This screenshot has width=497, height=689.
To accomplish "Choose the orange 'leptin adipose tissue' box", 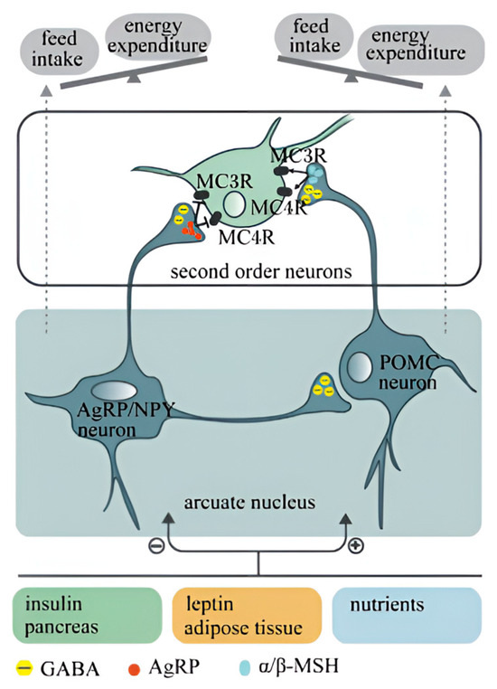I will (x=247, y=616).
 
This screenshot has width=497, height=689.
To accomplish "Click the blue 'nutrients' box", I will (x=404, y=616).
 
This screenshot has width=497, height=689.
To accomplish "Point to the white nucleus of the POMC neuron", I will (x=360, y=367).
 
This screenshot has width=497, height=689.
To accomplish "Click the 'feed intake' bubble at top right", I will (x=308, y=36).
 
